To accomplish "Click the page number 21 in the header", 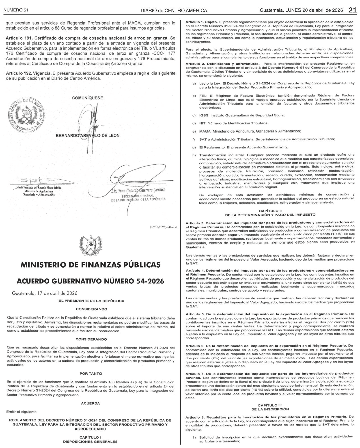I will click(x=352, y=10).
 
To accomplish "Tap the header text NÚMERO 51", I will click(x=15, y=10).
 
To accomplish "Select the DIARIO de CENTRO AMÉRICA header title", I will click(x=174, y=10).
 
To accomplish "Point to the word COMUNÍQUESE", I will click(x=87, y=98).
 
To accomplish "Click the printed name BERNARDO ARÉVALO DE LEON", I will click(x=88, y=136).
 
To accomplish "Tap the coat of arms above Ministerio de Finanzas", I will click(x=90, y=245).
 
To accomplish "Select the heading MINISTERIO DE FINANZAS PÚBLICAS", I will click(x=90, y=265).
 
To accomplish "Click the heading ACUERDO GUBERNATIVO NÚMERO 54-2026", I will click(x=90, y=281).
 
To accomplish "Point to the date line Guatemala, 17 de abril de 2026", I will click(x=40, y=293).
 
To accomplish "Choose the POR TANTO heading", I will click(x=91, y=373).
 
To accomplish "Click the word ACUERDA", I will click(x=91, y=403).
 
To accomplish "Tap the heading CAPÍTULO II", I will click(x=270, y=210).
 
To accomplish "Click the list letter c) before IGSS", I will click(x=194, y=115).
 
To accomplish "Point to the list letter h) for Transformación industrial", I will click(x=194, y=155).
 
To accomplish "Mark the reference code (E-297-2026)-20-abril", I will click(x=164, y=227).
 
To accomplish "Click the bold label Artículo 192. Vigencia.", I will click(x=29, y=73).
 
